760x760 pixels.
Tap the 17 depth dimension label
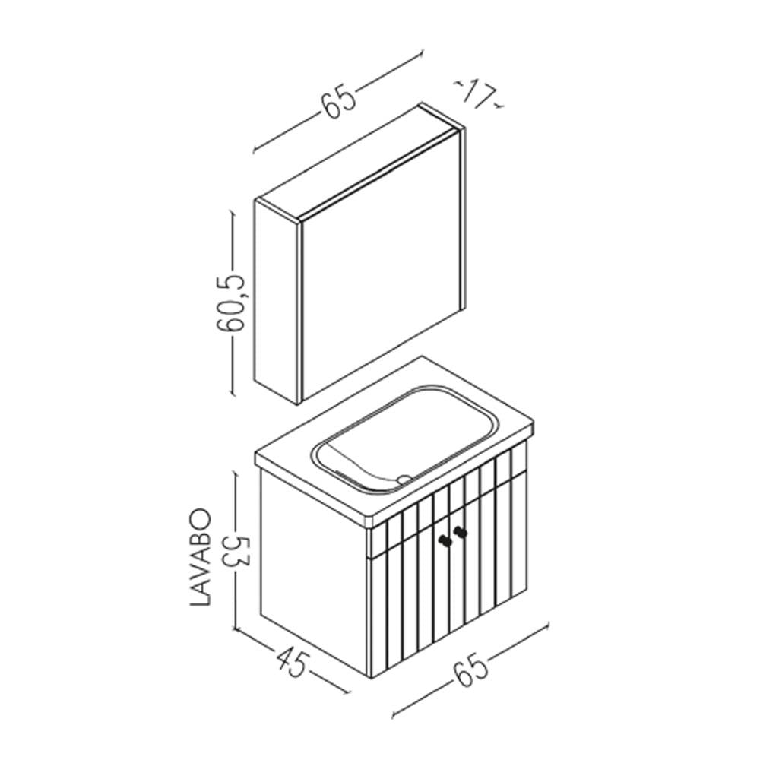point(479,94)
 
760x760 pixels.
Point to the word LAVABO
point(199,556)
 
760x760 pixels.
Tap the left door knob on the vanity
point(444,539)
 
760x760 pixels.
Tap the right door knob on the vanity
point(460,532)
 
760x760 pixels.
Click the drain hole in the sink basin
point(403,478)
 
